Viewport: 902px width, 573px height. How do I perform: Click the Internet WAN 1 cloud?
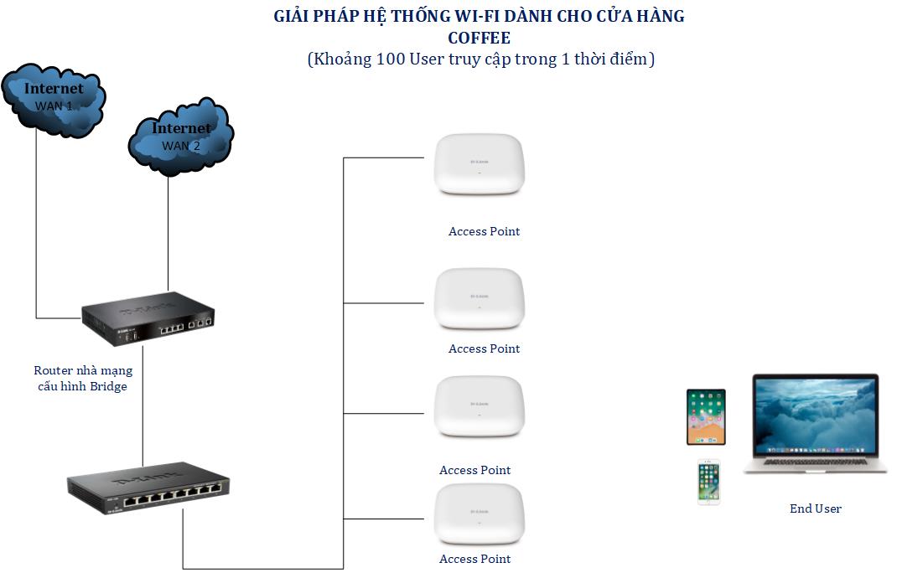[x=54, y=99]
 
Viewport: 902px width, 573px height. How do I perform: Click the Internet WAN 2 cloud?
[x=180, y=138]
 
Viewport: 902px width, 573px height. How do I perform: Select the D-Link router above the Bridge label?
[x=148, y=318]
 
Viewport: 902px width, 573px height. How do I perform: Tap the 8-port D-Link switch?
[x=148, y=486]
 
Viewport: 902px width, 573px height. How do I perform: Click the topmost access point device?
[x=480, y=165]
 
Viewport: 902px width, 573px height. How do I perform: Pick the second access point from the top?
[x=480, y=299]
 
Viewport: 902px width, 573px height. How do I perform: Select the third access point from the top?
[x=480, y=407]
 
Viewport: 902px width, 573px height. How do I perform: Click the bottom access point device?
[x=480, y=515]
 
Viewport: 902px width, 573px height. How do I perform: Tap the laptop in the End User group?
[x=815, y=424]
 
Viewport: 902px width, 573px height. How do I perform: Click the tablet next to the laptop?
[x=706, y=417]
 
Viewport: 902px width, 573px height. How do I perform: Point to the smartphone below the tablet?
[x=708, y=483]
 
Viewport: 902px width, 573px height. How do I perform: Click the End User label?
[x=815, y=508]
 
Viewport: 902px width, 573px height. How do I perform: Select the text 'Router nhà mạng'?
[x=83, y=371]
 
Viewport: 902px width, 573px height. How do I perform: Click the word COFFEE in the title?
[x=480, y=38]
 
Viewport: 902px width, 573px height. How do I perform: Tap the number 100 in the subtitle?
[x=390, y=59]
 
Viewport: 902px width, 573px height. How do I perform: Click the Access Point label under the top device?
[x=484, y=231]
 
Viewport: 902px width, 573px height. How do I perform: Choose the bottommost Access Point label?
[x=474, y=560]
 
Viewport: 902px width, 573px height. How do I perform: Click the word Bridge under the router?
[x=108, y=387]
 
